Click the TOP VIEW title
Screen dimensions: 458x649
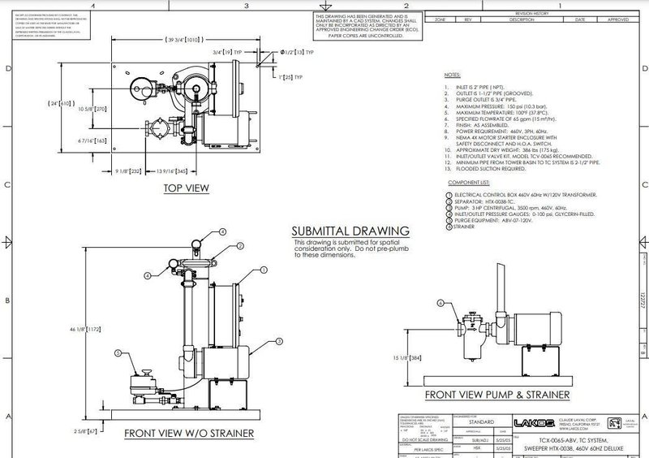coord(187,188)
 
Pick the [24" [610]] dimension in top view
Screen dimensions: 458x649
coord(65,104)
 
